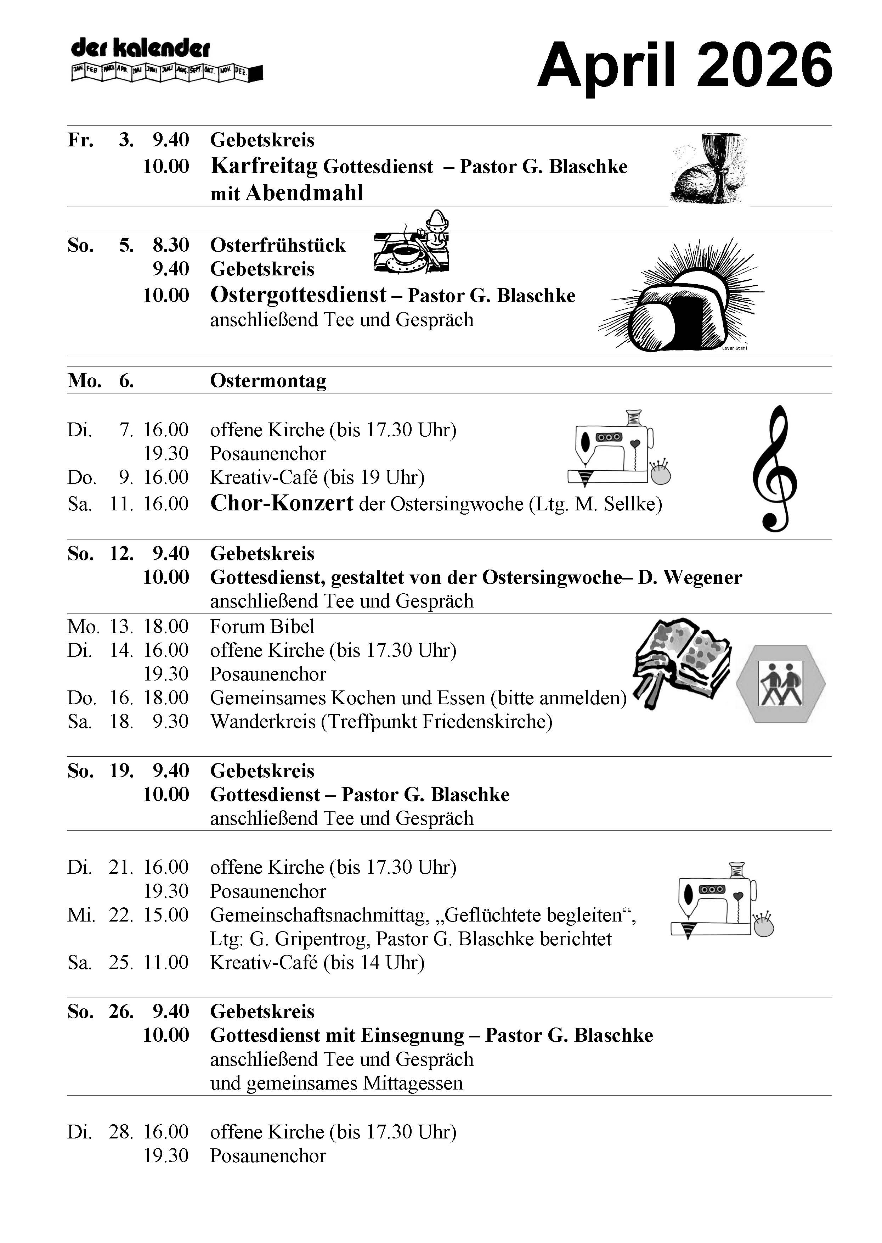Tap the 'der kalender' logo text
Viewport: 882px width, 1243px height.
140,49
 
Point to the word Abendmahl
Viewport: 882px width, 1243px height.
304,193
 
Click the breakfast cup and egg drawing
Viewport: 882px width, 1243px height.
412,245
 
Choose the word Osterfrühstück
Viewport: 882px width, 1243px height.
277,245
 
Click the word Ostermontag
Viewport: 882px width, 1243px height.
268,381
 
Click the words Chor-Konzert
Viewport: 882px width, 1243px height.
281,503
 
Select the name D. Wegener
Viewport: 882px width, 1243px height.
690,577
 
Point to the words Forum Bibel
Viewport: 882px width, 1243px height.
262,626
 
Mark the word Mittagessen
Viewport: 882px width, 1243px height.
413,1083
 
